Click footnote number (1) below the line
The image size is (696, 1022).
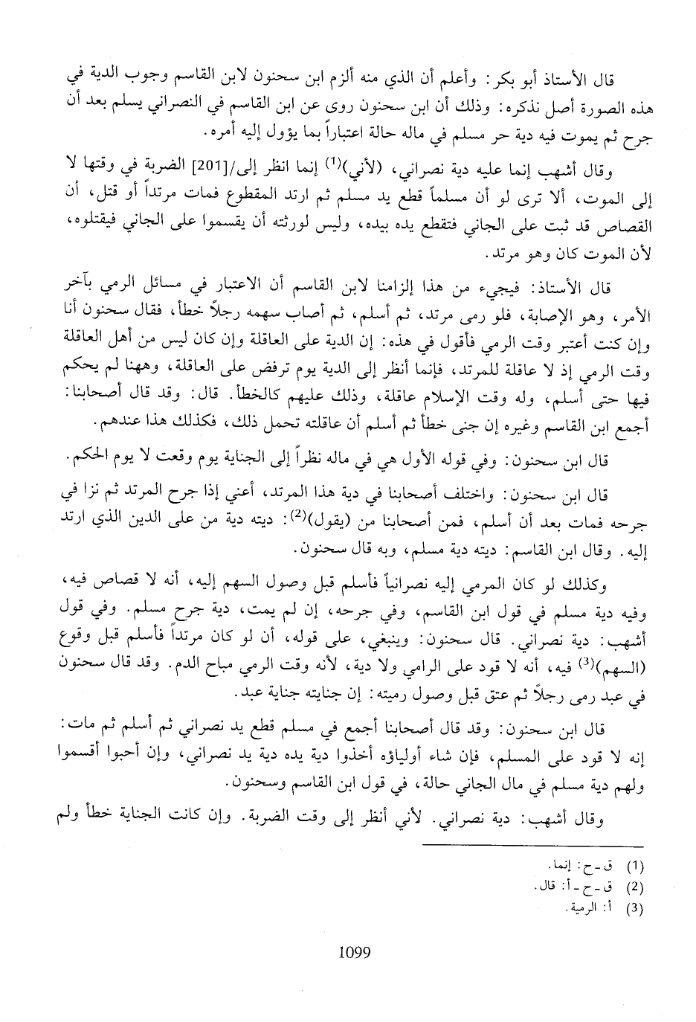pyautogui.click(x=635, y=867)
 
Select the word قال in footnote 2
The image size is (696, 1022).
pyautogui.click(x=541, y=887)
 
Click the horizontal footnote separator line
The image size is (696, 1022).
pyautogui.click(x=533, y=846)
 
